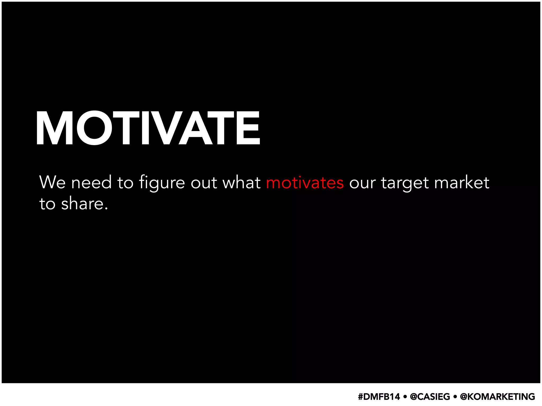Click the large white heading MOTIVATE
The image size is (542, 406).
[x=148, y=128]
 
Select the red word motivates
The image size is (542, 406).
[x=305, y=183]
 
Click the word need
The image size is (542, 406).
[x=91, y=183]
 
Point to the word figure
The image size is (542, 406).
[x=162, y=183]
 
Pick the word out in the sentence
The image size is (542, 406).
[x=204, y=183]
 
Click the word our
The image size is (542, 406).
[x=362, y=183]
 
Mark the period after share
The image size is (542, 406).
[x=106, y=209]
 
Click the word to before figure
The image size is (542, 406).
[x=125, y=183]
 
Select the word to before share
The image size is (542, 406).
[x=47, y=204]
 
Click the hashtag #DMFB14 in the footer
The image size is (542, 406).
[x=379, y=397]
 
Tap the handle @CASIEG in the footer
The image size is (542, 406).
[x=430, y=397]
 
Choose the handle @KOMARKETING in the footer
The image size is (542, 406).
[x=498, y=397]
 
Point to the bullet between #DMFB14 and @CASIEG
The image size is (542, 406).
[x=405, y=397]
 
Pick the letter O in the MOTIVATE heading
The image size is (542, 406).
[x=94, y=128]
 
